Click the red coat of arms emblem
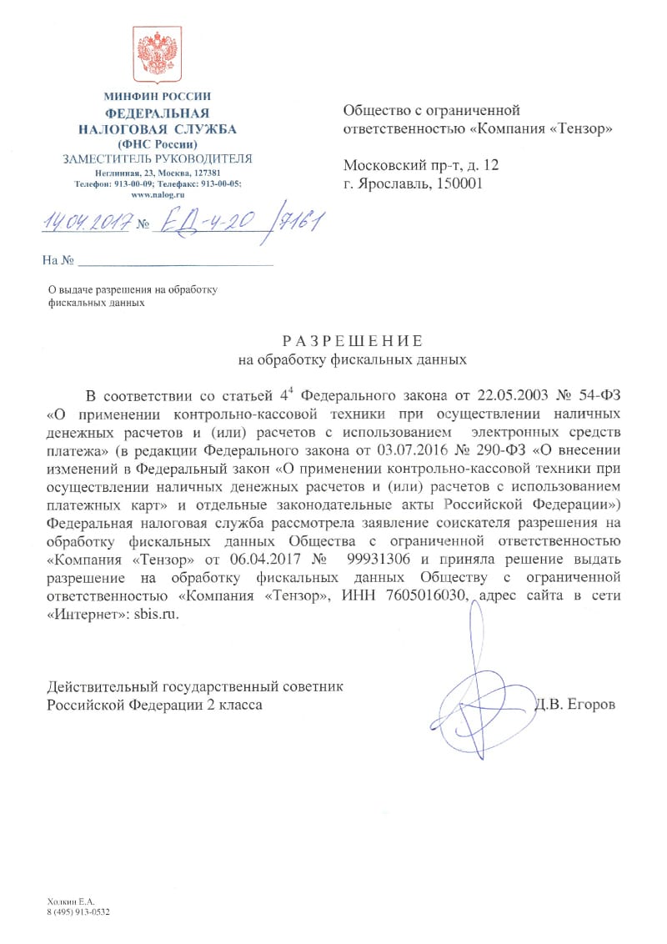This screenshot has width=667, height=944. coord(158,55)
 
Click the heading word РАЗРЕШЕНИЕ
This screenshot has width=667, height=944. coord(353,341)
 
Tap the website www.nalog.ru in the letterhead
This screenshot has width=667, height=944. coord(158,193)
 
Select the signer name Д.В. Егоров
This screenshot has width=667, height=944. coord(576,705)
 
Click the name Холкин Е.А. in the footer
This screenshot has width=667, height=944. coord(71,901)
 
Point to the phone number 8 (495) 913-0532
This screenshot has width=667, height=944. coord(79,911)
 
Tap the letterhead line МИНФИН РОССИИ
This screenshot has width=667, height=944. coord(158,97)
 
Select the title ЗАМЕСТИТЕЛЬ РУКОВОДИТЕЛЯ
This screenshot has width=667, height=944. coord(158,158)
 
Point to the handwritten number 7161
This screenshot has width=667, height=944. coord(301,223)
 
